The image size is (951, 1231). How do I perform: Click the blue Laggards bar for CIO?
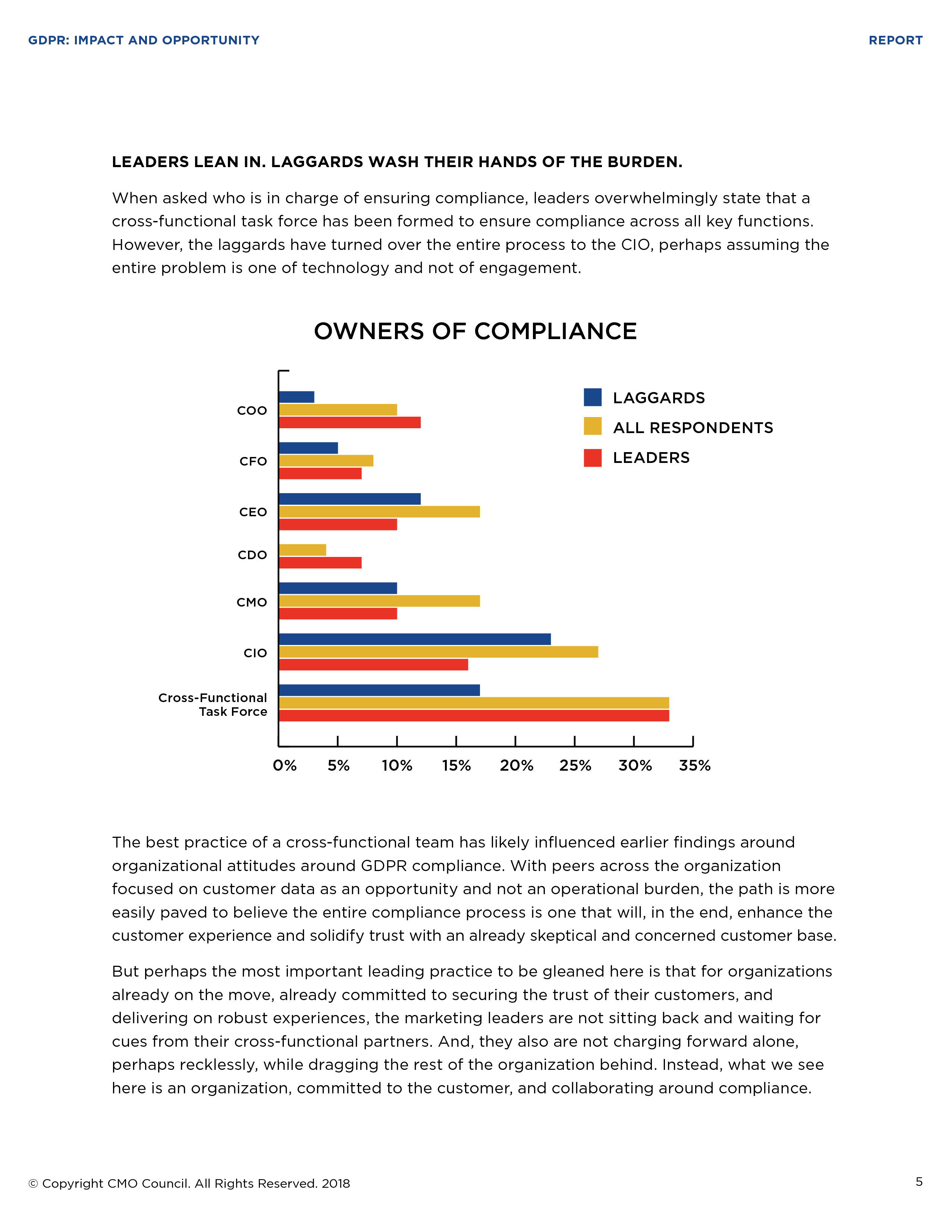(415, 639)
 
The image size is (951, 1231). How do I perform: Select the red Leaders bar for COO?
(350, 423)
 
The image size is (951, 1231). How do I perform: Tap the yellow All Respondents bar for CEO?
(379, 512)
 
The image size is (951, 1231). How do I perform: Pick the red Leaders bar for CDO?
(320, 563)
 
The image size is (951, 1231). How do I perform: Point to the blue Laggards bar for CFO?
(308, 448)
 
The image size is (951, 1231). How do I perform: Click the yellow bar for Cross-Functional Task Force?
(474, 703)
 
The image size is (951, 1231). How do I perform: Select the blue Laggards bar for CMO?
(338, 588)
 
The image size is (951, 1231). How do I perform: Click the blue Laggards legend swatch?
(593, 397)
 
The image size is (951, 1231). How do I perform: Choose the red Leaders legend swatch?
(593, 458)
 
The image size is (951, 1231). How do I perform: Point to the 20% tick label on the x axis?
(516, 765)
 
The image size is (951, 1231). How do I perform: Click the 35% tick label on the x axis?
(695, 765)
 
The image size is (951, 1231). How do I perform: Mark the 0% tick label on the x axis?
(285, 765)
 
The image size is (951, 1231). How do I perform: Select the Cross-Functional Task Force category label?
(213, 705)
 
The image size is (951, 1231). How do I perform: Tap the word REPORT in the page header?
(895, 41)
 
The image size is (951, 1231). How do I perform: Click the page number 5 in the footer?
(919, 1182)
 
